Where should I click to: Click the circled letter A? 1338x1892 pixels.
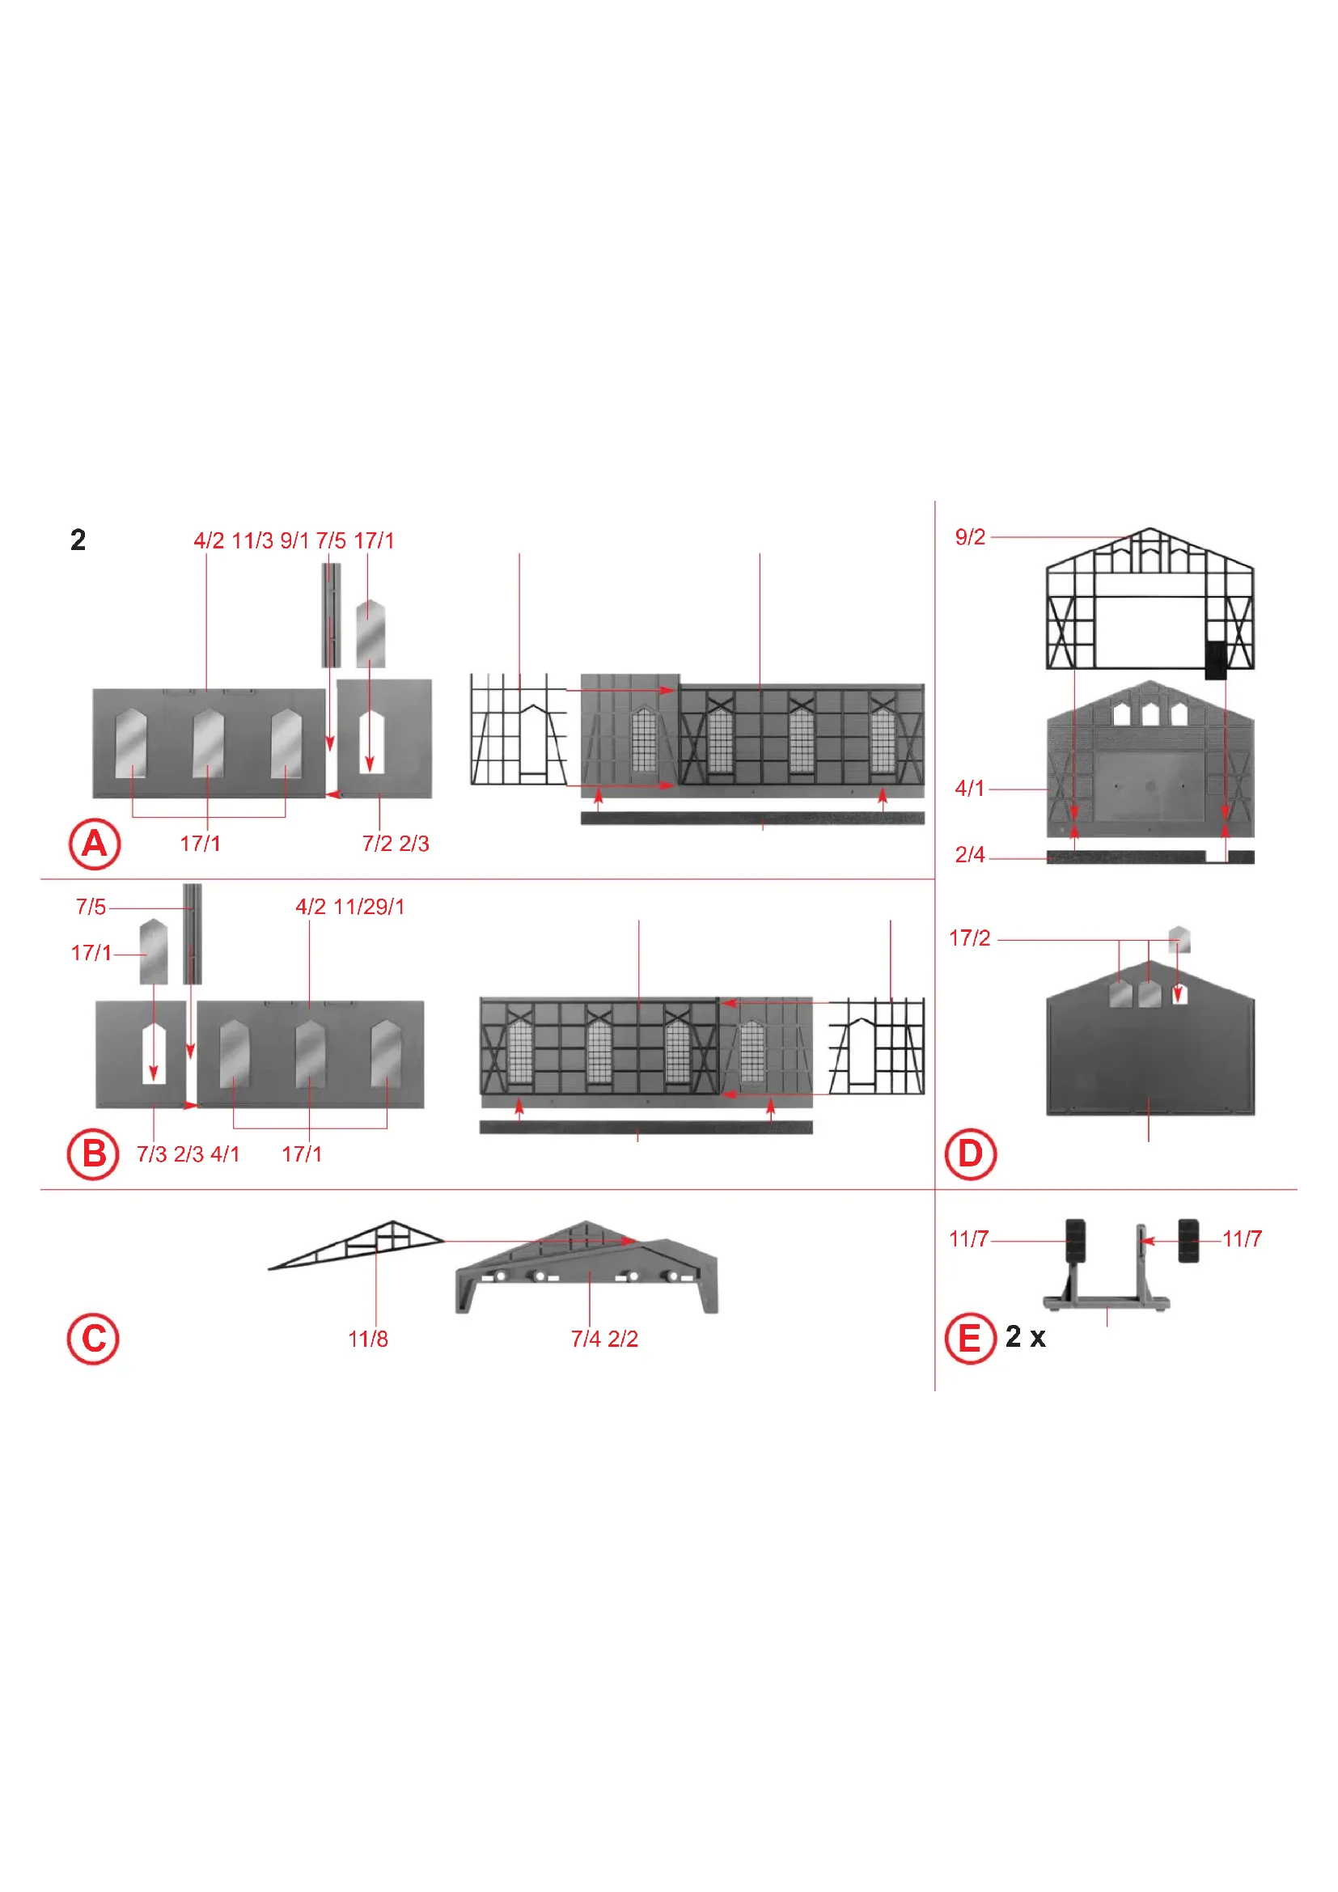[94, 844]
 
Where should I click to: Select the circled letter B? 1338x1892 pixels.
[93, 1153]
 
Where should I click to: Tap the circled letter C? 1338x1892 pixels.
[93, 1339]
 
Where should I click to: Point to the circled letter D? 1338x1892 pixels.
[971, 1153]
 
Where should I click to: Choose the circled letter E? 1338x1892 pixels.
[971, 1338]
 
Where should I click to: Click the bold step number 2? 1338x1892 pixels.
[78, 540]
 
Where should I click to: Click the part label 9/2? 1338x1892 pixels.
[970, 537]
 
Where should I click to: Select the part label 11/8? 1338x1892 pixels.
[367, 1339]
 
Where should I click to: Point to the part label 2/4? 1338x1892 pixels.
[970, 854]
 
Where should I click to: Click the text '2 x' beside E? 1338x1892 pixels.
[1025, 1336]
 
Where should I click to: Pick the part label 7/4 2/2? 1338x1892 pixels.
[605, 1339]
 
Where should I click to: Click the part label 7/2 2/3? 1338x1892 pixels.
[396, 844]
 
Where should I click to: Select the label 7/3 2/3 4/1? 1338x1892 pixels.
[188, 1154]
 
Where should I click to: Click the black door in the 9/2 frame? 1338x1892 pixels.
[1215, 659]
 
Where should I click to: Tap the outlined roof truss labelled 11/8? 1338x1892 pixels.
[356, 1244]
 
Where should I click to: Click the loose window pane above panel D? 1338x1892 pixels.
[1179, 938]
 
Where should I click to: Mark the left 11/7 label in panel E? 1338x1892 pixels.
[968, 1238]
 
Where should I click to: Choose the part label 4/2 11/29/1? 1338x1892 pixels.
[350, 907]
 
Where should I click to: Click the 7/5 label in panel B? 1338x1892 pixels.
[91, 907]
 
